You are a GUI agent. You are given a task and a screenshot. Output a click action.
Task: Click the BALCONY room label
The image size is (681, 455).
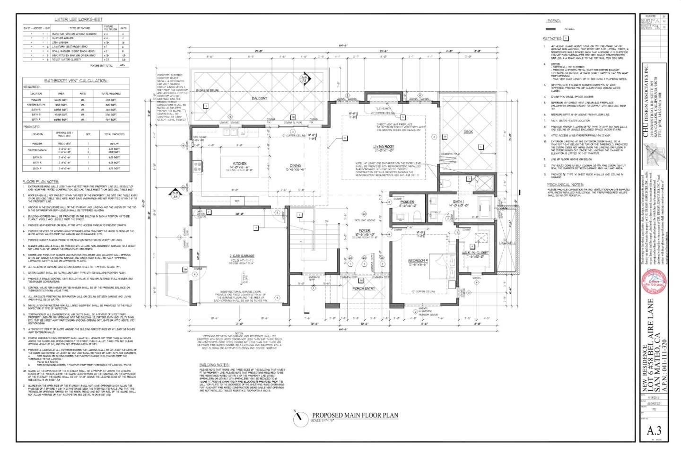coord(259,98)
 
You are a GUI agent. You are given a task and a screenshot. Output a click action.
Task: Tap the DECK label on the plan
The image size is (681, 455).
coord(468,132)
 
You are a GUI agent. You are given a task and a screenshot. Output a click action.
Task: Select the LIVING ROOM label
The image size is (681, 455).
coord(384,147)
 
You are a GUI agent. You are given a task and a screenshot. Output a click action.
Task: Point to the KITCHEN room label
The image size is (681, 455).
coord(240,164)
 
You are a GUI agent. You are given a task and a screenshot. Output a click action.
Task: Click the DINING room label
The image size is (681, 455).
coord(296,166)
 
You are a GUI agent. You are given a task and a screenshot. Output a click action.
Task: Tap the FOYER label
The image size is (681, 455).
coord(364,231)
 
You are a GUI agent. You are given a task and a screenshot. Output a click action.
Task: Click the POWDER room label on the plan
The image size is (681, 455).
coord(407,202)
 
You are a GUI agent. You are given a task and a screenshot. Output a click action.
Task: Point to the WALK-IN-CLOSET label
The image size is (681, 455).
coord(475,253)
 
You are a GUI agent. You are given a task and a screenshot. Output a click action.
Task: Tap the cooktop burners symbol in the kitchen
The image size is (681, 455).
coord(197,166)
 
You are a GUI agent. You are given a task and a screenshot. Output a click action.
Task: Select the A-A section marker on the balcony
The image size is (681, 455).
coord(305,79)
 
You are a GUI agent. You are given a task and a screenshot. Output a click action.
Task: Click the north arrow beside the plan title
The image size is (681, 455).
coord(299,418)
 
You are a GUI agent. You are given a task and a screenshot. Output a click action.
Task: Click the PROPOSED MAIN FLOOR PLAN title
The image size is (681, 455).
coord(355,415)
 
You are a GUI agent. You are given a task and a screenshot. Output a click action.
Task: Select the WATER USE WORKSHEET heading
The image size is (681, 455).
coord(78,19)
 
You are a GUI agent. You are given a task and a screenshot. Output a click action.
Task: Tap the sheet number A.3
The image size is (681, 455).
coord(654,430)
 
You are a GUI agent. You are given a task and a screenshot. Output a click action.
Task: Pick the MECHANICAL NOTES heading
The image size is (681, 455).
coord(565,185)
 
